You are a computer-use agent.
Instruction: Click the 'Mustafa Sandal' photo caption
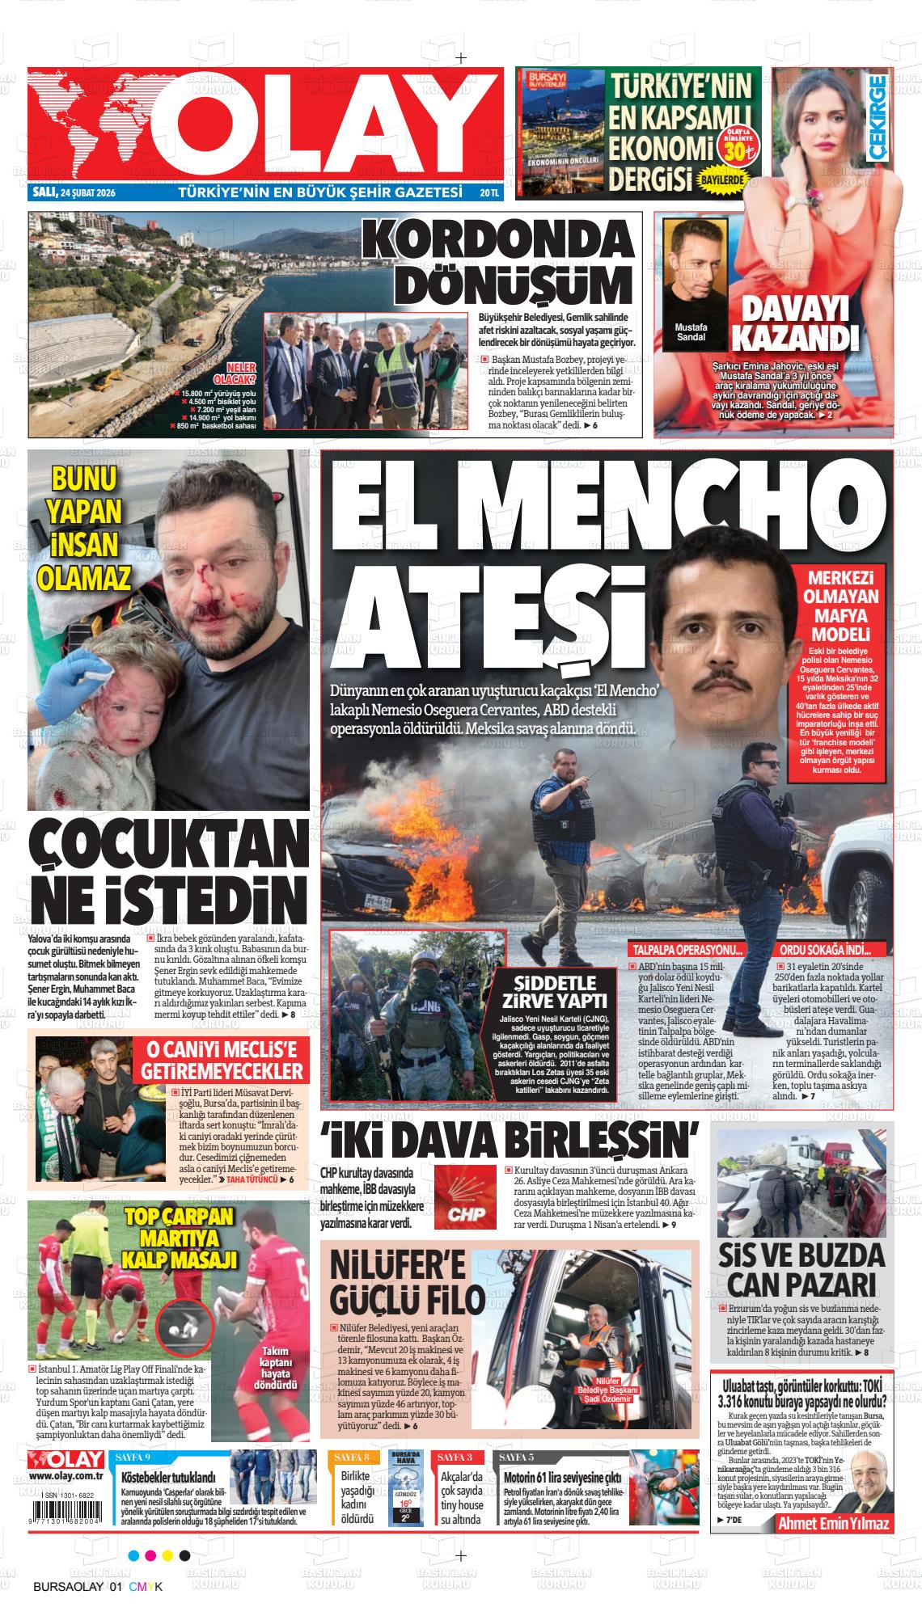tap(690, 331)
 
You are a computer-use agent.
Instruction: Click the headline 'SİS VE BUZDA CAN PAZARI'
tap(801, 1268)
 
